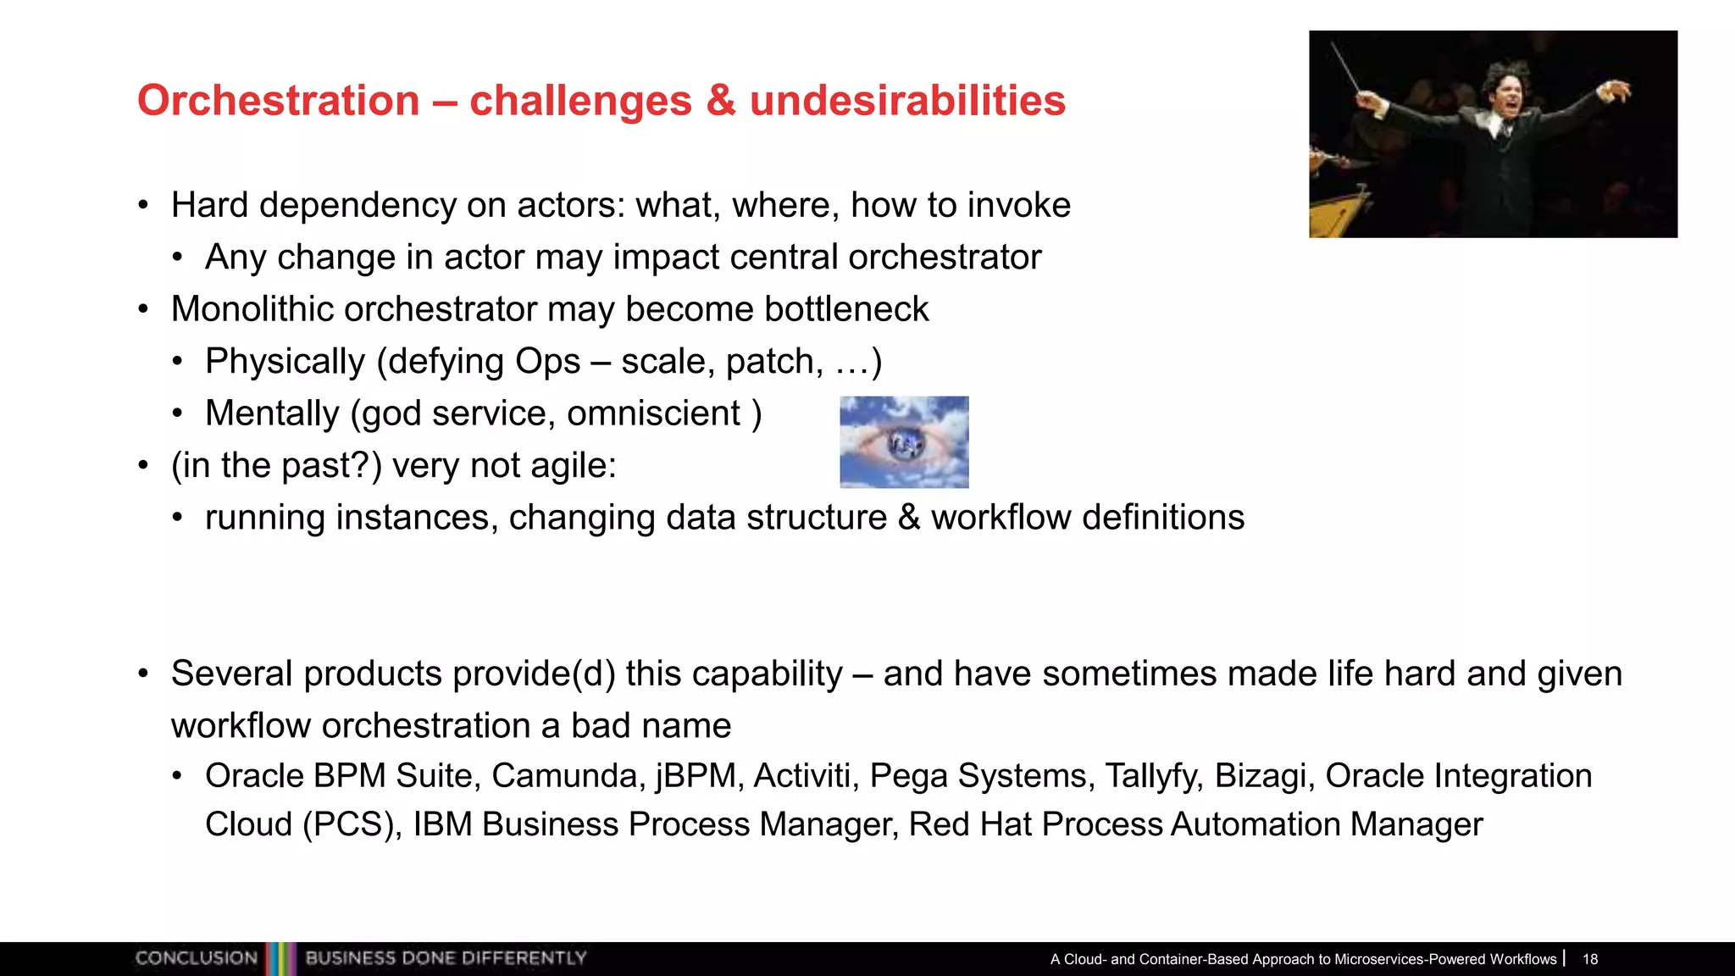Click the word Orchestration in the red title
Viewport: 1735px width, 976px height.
[x=278, y=101]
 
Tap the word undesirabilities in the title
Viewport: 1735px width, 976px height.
[x=907, y=101]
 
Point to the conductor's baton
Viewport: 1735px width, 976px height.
[x=1347, y=69]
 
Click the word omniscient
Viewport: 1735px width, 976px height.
[x=653, y=413]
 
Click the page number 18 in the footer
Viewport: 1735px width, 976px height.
[x=1590, y=959]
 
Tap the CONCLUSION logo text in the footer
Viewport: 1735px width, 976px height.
[x=196, y=958]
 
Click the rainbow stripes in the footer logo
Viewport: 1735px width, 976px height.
[x=281, y=958]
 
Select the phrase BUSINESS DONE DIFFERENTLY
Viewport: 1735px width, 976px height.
[x=446, y=958]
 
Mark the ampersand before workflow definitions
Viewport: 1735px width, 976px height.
[x=908, y=518]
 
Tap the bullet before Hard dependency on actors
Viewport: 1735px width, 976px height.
[x=144, y=206]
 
